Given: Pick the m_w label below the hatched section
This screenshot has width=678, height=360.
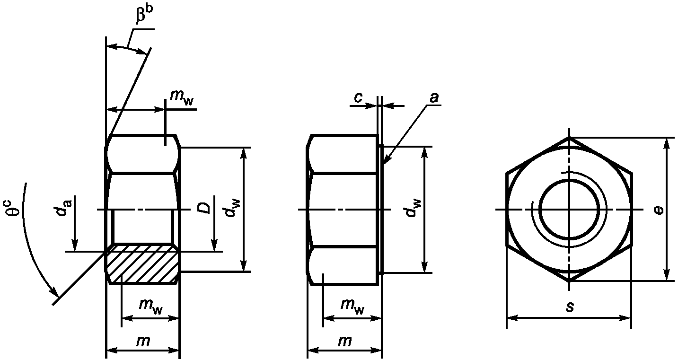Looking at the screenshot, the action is coord(151,306).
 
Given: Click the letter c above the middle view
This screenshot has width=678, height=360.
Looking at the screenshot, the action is coord(358,97).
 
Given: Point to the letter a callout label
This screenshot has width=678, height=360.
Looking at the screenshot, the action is coord(434,97).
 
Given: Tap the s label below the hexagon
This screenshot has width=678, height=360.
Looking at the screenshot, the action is coord(570,306).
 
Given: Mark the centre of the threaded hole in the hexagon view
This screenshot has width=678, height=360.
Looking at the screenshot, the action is coord(569,209).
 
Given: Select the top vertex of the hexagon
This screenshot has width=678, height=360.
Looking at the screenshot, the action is coord(569,138).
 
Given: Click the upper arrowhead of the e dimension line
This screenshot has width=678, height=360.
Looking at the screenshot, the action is coord(667,142).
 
